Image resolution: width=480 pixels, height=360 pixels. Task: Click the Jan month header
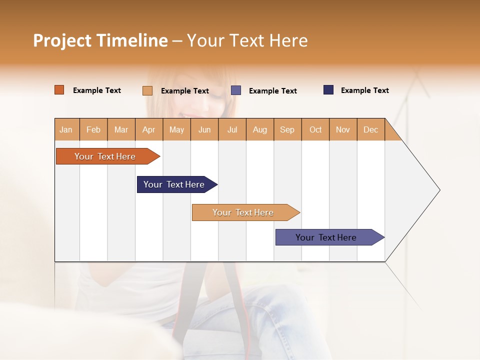[x=66, y=129]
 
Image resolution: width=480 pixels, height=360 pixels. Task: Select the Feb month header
[x=93, y=129]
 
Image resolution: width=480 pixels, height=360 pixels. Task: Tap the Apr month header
[x=148, y=129]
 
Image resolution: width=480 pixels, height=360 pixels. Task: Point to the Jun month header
[x=204, y=129]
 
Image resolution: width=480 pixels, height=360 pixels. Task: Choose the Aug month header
[x=259, y=129]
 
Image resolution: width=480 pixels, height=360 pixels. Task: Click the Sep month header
[x=287, y=129]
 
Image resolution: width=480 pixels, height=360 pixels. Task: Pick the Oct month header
[x=315, y=129]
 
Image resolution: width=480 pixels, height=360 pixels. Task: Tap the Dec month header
[x=370, y=129]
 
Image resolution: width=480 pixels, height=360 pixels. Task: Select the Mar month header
[x=121, y=129]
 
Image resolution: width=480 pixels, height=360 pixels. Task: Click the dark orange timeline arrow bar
[x=105, y=156]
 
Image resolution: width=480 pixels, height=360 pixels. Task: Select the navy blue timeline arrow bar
[x=174, y=184]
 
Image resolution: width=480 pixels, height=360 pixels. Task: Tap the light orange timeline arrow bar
[x=243, y=212]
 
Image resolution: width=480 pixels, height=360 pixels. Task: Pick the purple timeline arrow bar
[x=326, y=237]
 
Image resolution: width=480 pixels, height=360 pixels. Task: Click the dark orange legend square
[x=59, y=90]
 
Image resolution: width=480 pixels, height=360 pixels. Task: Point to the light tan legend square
[x=147, y=90]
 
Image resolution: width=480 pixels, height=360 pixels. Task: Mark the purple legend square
[x=236, y=90]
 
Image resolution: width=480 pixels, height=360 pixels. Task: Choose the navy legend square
[x=328, y=90]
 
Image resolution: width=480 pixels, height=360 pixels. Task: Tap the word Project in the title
[x=62, y=40]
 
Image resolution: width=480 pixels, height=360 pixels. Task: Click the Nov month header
[x=343, y=129]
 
